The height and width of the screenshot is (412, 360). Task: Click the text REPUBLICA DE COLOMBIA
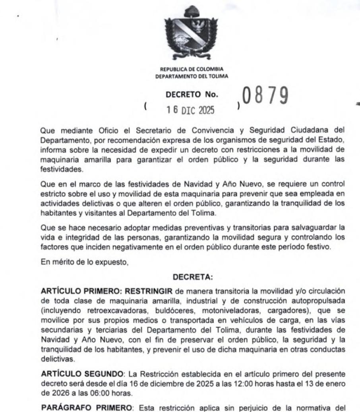pyautogui.click(x=192, y=70)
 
